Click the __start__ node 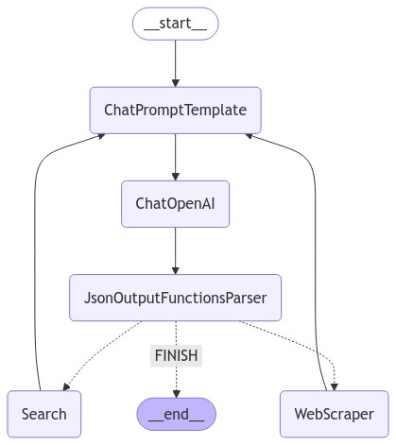tap(175, 23)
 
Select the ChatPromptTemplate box tap(175, 110)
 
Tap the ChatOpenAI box tap(175, 203)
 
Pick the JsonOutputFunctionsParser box tap(175, 298)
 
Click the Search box tap(43, 414)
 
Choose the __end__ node tap(175, 414)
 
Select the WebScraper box tap(335, 414)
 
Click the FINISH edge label tap(175, 357)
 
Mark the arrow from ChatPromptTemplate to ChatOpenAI tap(175, 156)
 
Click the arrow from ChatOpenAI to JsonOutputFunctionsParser tap(175, 250)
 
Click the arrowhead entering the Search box tap(65, 387)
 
